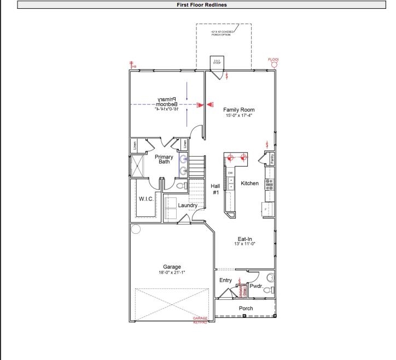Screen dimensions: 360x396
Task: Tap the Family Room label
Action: (239, 110)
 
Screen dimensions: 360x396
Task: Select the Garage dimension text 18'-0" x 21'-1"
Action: (172, 273)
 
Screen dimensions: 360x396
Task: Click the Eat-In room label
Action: (244, 239)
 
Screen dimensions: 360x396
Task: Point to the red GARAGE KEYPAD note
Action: (200, 320)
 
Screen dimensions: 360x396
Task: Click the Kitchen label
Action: (249, 184)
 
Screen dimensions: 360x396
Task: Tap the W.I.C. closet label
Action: (145, 199)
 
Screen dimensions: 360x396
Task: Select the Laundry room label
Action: (188, 205)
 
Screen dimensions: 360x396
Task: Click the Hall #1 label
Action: (216, 189)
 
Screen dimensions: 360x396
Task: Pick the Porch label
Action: (246, 309)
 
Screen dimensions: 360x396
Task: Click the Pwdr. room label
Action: (256, 286)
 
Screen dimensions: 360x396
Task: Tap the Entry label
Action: (225, 280)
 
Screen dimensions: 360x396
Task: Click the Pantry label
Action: (272, 158)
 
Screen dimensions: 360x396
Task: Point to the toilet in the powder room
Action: (267, 290)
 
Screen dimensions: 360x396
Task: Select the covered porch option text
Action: (223, 33)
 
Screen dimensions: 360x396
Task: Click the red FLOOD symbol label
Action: (273, 60)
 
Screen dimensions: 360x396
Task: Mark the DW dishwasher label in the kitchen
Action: (230, 173)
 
